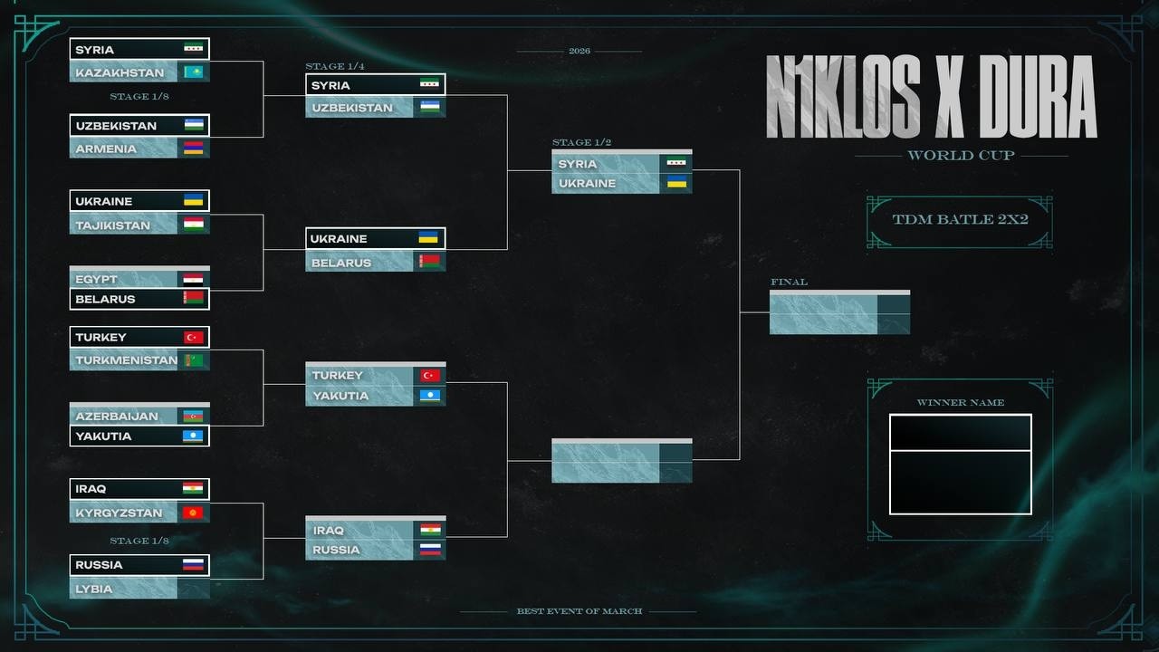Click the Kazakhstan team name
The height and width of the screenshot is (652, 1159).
point(120,73)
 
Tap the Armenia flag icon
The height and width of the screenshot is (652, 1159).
point(194,149)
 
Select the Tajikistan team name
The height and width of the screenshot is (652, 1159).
point(113,225)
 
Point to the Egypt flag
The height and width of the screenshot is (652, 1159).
point(194,280)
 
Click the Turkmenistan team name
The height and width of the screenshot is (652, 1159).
point(126,360)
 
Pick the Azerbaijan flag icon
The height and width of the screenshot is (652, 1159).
point(193,416)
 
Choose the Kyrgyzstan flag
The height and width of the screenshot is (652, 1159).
point(193,513)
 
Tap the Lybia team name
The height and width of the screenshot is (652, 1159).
point(93,589)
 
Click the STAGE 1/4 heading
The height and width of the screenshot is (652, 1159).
point(335,66)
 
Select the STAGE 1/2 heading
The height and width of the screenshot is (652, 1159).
point(581,142)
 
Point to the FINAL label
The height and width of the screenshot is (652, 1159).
point(789,282)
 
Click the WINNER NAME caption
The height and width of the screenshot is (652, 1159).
point(961,403)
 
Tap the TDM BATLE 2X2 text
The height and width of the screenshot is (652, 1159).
point(961,219)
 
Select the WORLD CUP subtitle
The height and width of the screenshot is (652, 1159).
point(961,155)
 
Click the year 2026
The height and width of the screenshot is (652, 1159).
point(579,51)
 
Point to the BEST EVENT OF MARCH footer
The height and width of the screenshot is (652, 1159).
point(579,611)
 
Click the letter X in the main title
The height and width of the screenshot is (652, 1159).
point(949,97)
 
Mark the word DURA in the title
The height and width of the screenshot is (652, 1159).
point(1038,97)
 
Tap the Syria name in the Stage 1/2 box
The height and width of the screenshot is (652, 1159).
point(578,164)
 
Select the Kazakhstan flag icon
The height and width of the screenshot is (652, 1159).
point(194,72)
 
